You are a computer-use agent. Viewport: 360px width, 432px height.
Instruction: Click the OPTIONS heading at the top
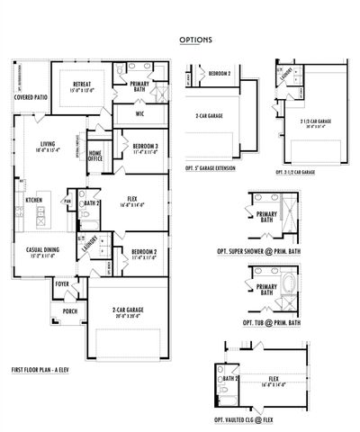click(194, 40)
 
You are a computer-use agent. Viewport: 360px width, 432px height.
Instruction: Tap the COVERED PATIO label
click(31, 96)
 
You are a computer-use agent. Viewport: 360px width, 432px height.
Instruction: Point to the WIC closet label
click(139, 114)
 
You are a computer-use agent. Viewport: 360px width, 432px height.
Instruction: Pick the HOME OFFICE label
click(94, 156)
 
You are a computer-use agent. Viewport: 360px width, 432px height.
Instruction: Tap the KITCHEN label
click(33, 200)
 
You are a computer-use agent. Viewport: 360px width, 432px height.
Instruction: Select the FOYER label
click(62, 283)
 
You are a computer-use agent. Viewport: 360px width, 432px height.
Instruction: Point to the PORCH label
click(69, 311)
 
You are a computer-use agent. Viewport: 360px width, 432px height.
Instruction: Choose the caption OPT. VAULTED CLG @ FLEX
click(249, 420)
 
